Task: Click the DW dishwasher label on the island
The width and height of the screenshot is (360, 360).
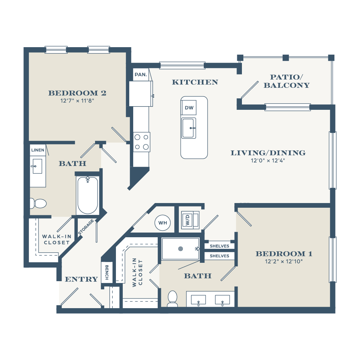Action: [189, 108]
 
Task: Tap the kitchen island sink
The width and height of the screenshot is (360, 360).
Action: [189, 128]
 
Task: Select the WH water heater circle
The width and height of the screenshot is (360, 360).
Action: [163, 223]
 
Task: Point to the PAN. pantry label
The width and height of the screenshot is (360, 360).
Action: [140, 75]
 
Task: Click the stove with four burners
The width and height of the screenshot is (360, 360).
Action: [141, 142]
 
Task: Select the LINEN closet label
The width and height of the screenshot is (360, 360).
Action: [38, 150]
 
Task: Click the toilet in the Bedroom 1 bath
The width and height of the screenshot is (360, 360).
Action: [173, 298]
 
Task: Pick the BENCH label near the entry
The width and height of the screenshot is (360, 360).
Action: [107, 272]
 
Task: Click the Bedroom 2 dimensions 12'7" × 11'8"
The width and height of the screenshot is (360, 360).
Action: [77, 101]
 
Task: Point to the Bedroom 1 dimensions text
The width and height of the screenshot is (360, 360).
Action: [284, 261]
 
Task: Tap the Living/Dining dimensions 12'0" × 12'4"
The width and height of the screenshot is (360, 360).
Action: [268, 161]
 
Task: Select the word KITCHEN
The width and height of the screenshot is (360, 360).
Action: [195, 82]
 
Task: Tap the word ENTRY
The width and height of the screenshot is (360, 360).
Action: [81, 279]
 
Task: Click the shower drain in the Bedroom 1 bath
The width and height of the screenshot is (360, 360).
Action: [180, 248]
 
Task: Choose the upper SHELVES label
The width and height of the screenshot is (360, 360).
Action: [219, 246]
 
